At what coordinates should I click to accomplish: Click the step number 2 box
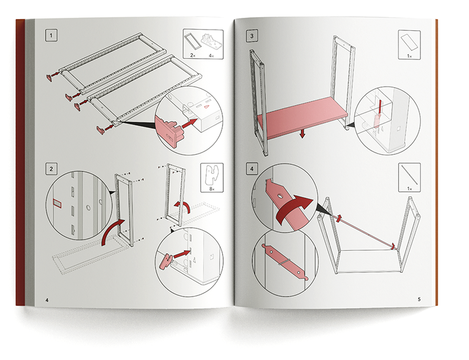52,170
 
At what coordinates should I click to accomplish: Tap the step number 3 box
254,36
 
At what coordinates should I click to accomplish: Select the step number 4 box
254,170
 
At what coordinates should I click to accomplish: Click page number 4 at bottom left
47,300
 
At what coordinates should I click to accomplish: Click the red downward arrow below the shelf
302,135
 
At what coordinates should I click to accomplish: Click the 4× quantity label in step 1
213,55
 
